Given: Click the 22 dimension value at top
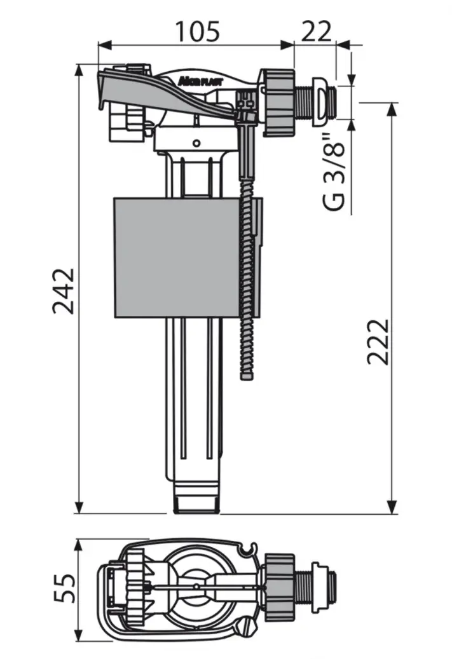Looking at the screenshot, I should [315, 30].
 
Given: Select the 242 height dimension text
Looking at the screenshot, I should [64, 290].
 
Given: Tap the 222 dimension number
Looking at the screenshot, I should [378, 341].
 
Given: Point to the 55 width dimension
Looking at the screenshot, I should [64, 589].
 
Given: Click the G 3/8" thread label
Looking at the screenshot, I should [334, 172].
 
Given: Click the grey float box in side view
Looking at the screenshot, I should [178, 257].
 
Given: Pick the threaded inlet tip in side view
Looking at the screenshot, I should [327, 99].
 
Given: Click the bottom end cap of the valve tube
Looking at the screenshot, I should [196, 503].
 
